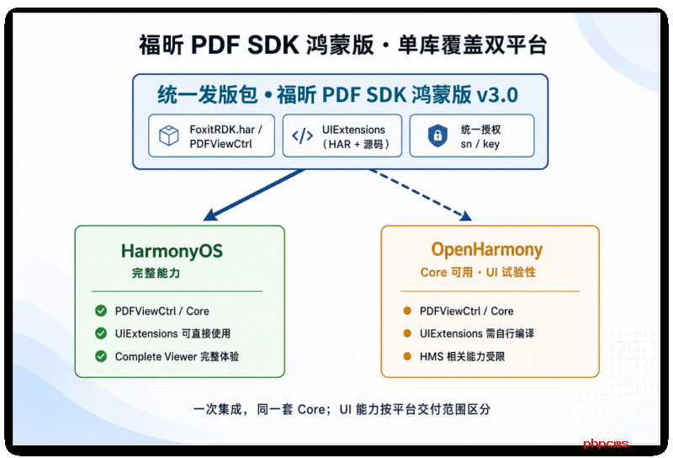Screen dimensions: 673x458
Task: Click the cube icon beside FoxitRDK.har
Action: [x=169, y=136]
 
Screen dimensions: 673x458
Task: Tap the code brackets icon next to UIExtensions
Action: [x=303, y=136]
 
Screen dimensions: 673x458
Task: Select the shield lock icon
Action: [x=437, y=136]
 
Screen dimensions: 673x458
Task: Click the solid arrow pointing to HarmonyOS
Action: [x=254, y=194]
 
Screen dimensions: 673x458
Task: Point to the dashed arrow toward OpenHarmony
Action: [x=421, y=194]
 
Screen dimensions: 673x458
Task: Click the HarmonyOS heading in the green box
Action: [x=172, y=251]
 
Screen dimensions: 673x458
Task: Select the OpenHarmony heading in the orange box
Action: [x=487, y=249]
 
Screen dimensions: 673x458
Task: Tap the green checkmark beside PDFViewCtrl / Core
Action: [x=101, y=311]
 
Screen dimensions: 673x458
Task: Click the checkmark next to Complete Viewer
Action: [x=101, y=356]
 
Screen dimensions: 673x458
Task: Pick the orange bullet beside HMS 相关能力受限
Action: [x=407, y=356]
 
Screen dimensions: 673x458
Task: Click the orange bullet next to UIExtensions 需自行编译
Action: [x=407, y=333]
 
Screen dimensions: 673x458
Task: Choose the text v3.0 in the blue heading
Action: [x=497, y=94]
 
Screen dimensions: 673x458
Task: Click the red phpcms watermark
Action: [x=606, y=444]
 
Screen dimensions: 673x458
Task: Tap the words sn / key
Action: [x=480, y=144]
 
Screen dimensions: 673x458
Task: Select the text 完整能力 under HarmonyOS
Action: [x=156, y=273]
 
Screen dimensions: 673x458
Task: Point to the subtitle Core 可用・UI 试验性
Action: [x=478, y=272]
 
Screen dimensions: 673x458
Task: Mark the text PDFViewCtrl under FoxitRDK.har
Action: [x=220, y=144]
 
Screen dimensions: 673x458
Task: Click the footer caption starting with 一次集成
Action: [x=342, y=409]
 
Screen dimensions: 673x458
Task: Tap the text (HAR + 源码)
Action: [x=356, y=144]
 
